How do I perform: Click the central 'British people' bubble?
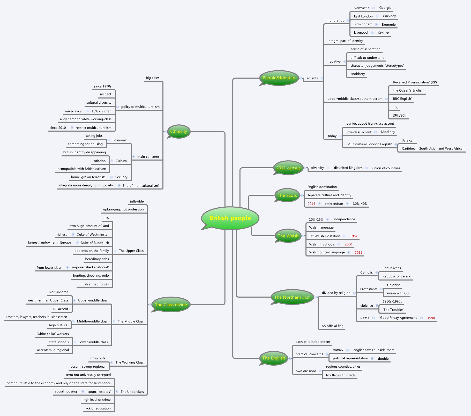click(x=230, y=218)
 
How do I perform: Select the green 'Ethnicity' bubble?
click(x=178, y=131)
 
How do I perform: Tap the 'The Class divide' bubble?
click(x=171, y=305)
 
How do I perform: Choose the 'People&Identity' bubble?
click(x=279, y=78)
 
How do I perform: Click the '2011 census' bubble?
click(x=288, y=168)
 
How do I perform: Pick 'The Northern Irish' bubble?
click(x=292, y=297)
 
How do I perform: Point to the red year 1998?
click(x=431, y=318)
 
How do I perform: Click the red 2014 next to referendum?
click(x=311, y=204)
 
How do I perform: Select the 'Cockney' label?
click(x=389, y=16)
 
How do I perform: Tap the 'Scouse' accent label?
click(x=383, y=33)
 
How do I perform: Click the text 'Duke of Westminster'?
click(x=93, y=235)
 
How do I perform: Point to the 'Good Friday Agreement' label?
click(x=398, y=318)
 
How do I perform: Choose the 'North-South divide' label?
click(x=341, y=375)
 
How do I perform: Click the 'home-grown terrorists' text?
click(x=88, y=177)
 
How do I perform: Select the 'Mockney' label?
click(x=388, y=132)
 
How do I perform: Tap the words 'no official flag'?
click(x=332, y=326)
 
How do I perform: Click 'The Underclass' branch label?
click(x=132, y=392)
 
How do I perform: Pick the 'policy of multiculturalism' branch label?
click(x=140, y=107)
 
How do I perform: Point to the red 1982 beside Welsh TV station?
click(x=354, y=236)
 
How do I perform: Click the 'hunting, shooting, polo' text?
click(x=91, y=276)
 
